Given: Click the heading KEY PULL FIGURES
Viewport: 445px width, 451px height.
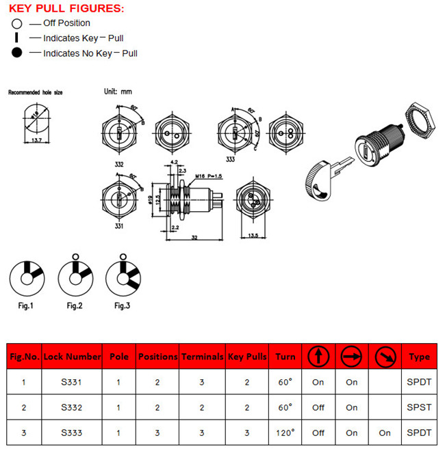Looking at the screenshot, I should pyautogui.click(x=66, y=8).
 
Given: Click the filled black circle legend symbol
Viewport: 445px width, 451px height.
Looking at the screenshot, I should pyautogui.click(x=17, y=53).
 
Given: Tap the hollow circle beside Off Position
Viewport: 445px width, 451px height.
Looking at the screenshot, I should pyautogui.click(x=17, y=23).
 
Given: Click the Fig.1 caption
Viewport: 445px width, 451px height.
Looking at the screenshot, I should pyautogui.click(x=25, y=305).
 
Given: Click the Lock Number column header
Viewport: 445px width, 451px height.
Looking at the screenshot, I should pyautogui.click(x=71, y=357).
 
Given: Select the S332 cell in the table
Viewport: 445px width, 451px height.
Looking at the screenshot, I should pyautogui.click(x=71, y=407).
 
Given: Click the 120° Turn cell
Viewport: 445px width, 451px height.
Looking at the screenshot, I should pyautogui.click(x=285, y=433).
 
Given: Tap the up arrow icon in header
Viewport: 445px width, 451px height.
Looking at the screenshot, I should pyautogui.click(x=318, y=356).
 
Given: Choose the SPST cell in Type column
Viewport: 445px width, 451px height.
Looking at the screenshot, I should pyautogui.click(x=419, y=407).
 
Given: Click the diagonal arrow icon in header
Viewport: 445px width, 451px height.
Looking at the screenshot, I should pyautogui.click(x=385, y=356).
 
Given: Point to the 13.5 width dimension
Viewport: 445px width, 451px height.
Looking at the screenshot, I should pyautogui.click(x=253, y=236).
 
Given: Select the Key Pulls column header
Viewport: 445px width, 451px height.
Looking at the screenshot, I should pyautogui.click(x=247, y=357).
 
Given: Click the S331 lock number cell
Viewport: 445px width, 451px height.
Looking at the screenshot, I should pyautogui.click(x=71, y=382).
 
